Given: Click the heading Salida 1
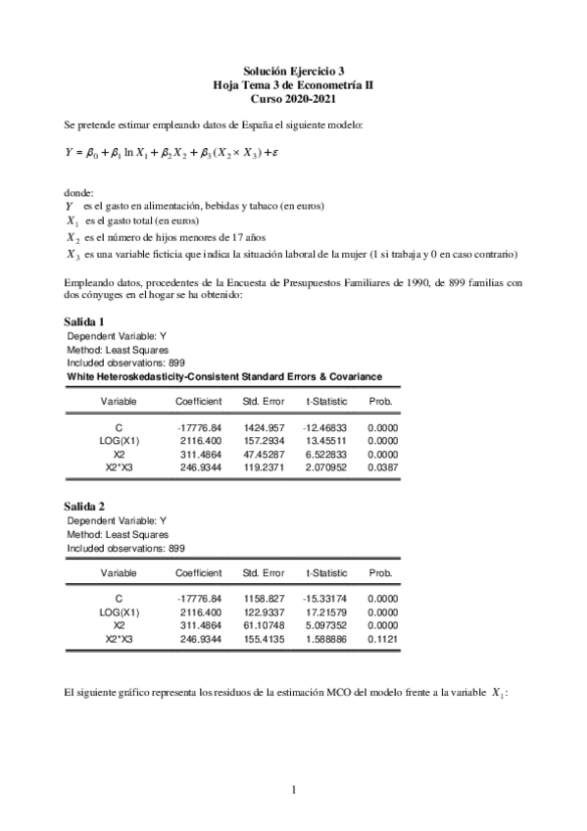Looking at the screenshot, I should tap(84, 321).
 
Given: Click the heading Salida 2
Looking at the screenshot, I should tap(84, 506).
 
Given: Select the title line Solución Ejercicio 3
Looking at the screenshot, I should tap(293, 72).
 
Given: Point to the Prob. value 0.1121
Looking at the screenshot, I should tap(379, 637).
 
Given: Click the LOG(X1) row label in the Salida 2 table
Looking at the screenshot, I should tap(119, 610).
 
